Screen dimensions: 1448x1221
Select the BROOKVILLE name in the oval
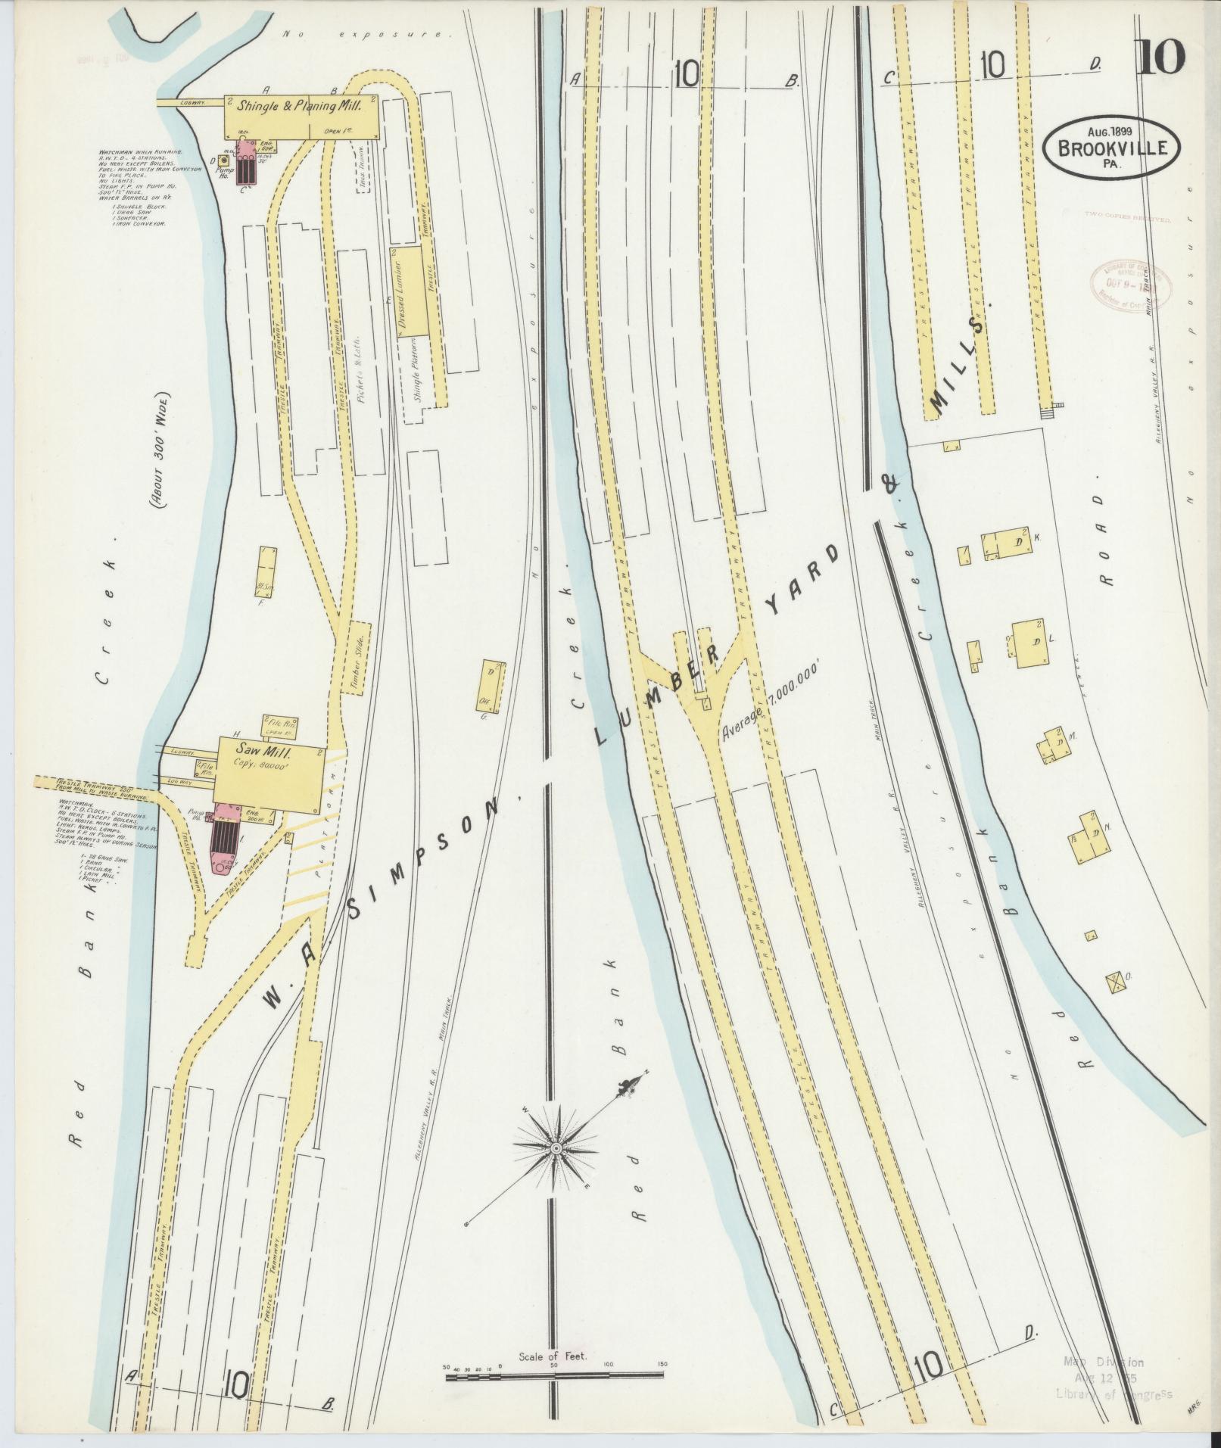pos(1111,148)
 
